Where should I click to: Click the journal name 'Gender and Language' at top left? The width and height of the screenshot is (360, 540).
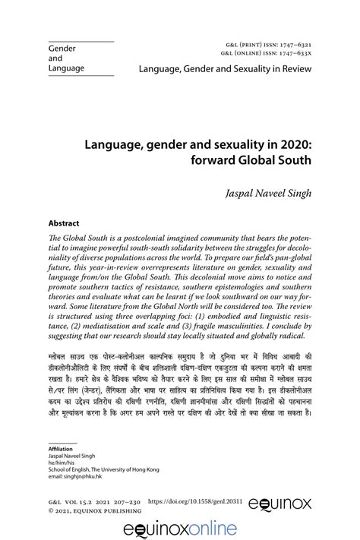tap(65, 58)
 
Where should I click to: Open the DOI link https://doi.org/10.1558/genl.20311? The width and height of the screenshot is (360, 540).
tap(199, 523)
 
